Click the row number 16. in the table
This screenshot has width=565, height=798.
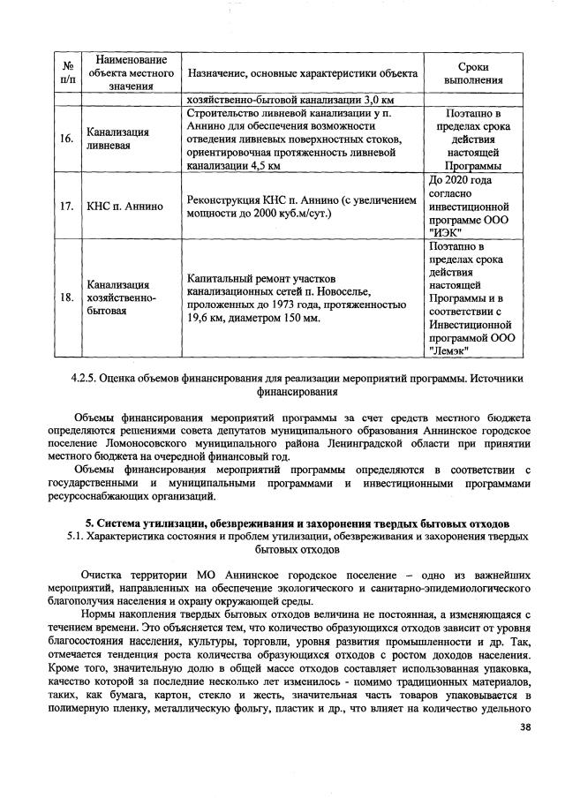click(67, 139)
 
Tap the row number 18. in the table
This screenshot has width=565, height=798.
click(67, 297)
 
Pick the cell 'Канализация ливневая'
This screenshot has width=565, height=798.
click(117, 139)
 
